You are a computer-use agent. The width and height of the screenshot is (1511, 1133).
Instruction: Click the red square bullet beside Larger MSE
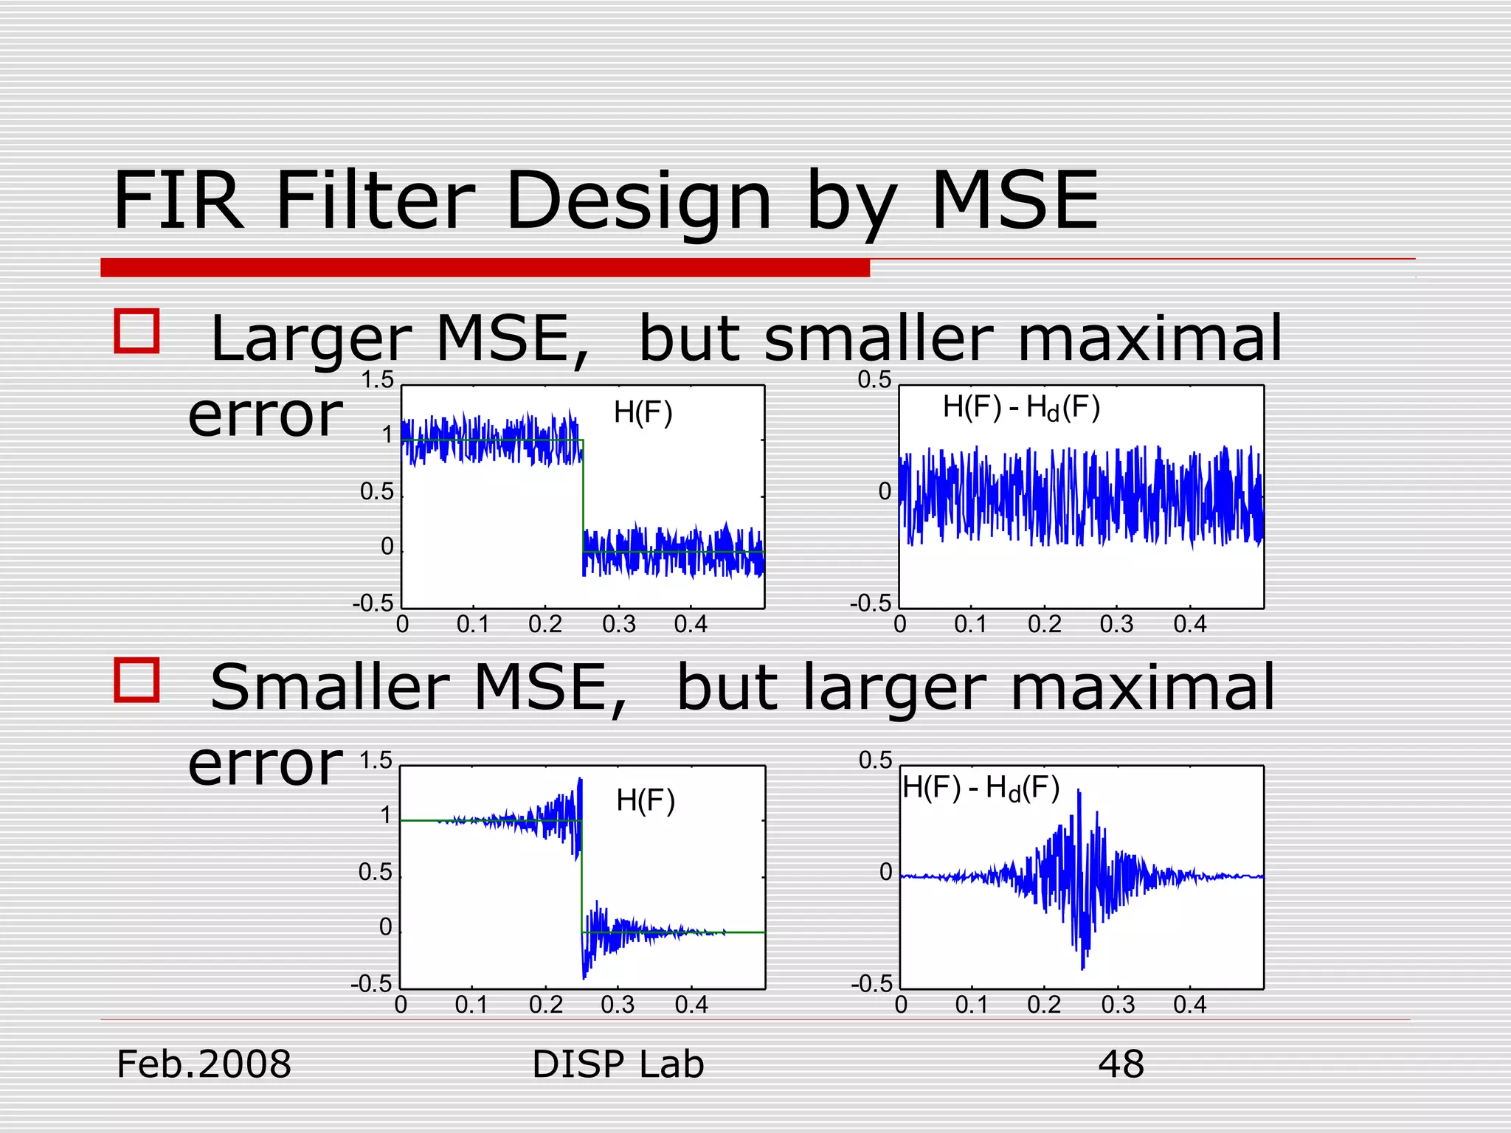pyautogui.click(x=137, y=330)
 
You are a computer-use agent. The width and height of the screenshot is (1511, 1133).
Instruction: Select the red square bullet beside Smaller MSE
pyautogui.click(x=137, y=679)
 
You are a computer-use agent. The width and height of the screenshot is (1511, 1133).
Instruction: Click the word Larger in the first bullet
pyautogui.click(x=310, y=339)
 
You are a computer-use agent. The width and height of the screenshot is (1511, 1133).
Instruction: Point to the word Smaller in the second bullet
pyautogui.click(x=329, y=687)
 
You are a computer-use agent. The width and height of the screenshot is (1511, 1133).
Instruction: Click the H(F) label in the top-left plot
pyautogui.click(x=643, y=412)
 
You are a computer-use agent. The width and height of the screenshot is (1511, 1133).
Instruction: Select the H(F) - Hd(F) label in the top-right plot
pyautogui.click(x=1021, y=408)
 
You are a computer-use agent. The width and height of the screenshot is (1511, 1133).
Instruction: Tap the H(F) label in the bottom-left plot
pyautogui.click(x=646, y=800)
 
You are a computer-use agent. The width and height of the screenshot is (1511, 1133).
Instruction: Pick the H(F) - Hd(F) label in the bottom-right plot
pyautogui.click(x=981, y=789)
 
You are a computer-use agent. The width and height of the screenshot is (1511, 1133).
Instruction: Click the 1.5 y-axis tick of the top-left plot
pyautogui.click(x=377, y=381)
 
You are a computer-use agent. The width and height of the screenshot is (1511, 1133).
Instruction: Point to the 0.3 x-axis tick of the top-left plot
pyautogui.click(x=618, y=625)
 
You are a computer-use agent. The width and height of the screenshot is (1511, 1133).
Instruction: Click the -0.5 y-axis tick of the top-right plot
pyautogui.click(x=871, y=604)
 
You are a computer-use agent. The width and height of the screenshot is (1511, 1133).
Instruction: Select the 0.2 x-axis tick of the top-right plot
pyautogui.click(x=1044, y=625)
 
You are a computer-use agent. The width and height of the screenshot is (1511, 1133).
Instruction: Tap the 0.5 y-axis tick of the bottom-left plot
pyautogui.click(x=376, y=873)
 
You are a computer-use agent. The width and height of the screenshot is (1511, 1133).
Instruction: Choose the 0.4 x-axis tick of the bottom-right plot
pyautogui.click(x=1189, y=1005)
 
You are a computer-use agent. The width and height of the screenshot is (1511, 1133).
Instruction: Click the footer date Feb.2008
pyautogui.click(x=204, y=1064)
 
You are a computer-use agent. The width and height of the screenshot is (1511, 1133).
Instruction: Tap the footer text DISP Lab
pyautogui.click(x=618, y=1064)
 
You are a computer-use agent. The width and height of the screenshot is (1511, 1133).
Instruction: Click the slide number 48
pyautogui.click(x=1121, y=1064)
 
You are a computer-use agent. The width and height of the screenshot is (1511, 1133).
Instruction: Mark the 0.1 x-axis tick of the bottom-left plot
pyautogui.click(x=471, y=1005)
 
